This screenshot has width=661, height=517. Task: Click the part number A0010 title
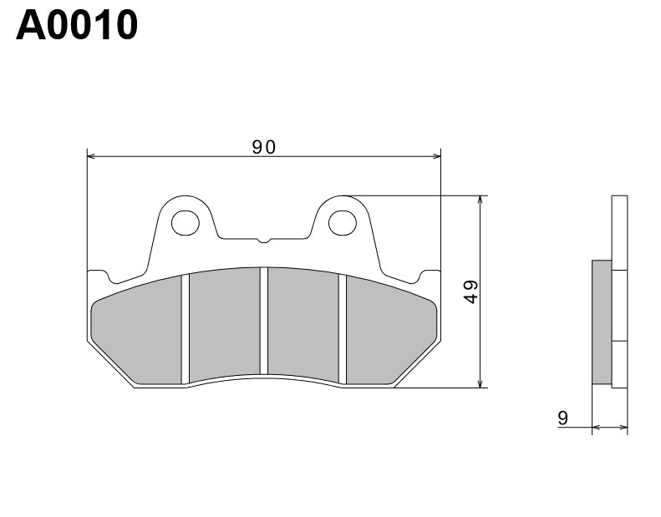[77, 25]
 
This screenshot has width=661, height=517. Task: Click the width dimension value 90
[264, 147]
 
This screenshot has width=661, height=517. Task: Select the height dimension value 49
[471, 291]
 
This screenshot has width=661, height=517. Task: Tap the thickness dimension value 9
[563, 418]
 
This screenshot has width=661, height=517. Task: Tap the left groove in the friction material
[186, 330]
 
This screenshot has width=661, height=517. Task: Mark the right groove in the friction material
[342, 330]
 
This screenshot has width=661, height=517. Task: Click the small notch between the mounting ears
[263, 241]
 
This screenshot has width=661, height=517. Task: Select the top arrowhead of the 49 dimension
[480, 200]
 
